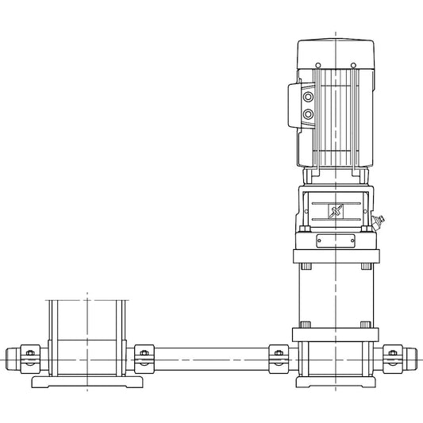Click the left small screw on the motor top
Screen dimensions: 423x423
(317, 64)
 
